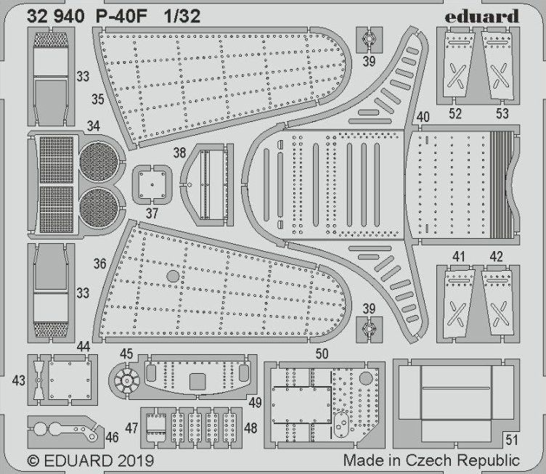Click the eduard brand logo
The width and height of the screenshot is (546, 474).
pyautogui.click(x=481, y=17)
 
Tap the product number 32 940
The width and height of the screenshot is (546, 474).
pyautogui.click(x=56, y=17)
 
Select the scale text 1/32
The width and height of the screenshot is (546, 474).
pyautogui.click(x=182, y=17)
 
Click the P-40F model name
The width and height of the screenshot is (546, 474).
pyautogui.click(x=121, y=17)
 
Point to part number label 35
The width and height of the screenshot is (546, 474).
pyautogui.click(x=98, y=99)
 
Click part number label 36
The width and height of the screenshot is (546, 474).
pyautogui.click(x=99, y=263)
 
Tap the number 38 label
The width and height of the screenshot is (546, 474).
pyautogui.click(x=179, y=152)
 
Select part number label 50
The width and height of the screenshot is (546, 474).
pyautogui.click(x=322, y=354)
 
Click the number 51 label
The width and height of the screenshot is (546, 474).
pyautogui.click(x=512, y=440)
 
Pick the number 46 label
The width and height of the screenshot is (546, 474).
pyautogui.click(x=112, y=437)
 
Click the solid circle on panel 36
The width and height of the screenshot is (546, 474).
pyautogui.click(x=173, y=276)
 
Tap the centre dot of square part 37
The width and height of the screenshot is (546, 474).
pyautogui.click(x=152, y=185)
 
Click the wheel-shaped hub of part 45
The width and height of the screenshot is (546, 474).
pyautogui.click(x=127, y=380)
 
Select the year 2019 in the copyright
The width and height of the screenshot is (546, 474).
pyautogui.click(x=136, y=461)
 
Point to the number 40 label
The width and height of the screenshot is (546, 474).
pyautogui.click(x=423, y=117)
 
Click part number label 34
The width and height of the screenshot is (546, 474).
pyautogui.click(x=94, y=126)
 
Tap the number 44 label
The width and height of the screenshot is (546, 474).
pyautogui.click(x=83, y=346)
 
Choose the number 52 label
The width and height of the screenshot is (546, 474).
pyautogui.click(x=455, y=113)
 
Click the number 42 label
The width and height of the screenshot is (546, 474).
pyautogui.click(x=496, y=257)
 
